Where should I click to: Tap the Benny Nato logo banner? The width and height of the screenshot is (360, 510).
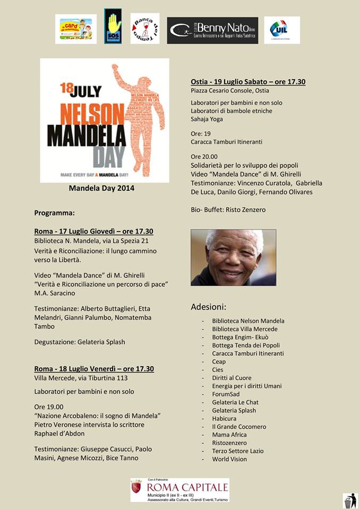pos(212,30)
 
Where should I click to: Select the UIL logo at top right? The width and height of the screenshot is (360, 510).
pos(282,30)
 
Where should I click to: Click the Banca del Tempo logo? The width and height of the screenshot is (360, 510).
pos(145,29)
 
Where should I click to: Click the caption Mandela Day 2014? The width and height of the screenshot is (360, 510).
pos(101,188)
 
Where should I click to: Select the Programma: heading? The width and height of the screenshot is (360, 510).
pos(55,213)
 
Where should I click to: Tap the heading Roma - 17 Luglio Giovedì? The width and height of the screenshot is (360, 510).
pos(94,231)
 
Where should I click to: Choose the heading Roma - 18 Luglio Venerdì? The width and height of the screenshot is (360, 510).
pos(94,369)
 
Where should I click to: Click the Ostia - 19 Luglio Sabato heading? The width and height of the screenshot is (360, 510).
pos(248,82)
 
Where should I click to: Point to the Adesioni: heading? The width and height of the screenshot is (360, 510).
pos(208,307)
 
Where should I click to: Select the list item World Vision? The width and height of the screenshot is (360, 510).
pos(229,459)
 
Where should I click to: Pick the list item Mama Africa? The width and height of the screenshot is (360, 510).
pos(229,435)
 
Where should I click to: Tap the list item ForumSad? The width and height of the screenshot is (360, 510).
pos(226,394)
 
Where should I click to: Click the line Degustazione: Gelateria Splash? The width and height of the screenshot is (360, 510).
pos(80,342)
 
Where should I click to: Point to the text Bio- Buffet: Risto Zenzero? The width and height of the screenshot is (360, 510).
pos(228,210)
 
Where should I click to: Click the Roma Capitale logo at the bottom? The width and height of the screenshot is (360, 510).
pos(179,489)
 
